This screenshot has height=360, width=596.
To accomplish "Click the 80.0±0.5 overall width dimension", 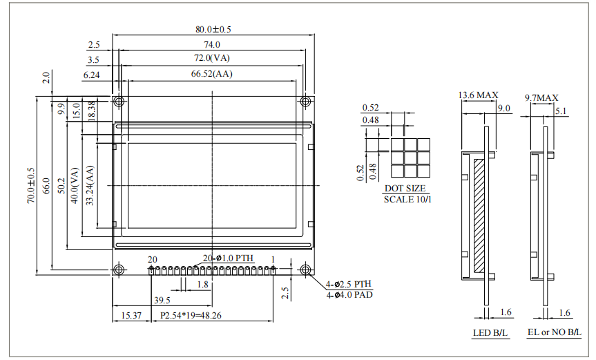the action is point(213,29).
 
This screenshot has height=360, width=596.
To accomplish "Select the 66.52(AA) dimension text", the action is point(212,74).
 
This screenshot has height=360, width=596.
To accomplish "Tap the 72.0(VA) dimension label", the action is point(212,58).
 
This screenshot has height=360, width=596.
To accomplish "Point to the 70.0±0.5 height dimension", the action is point(31,185).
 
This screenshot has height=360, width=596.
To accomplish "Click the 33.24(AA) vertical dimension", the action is point(90,185).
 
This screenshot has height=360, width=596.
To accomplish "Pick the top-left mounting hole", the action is point(119,102).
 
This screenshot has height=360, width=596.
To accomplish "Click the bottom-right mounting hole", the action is point(305,269).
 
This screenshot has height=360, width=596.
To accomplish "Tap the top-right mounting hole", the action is point(305,102).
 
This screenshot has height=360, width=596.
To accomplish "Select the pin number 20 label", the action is point(152,260).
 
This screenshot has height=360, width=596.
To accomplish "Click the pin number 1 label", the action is point(273,259).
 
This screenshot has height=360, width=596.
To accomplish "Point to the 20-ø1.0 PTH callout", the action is point(228,258).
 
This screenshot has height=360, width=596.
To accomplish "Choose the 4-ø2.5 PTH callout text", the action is point(349,284).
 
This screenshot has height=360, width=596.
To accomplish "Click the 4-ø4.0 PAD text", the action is point(349,294).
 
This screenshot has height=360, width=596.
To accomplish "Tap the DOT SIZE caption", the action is point(405,188).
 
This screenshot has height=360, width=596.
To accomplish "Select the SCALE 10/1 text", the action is point(407,199).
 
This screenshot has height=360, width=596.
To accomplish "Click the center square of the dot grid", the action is point(410,158).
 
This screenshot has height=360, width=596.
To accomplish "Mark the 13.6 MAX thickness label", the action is point(478,95).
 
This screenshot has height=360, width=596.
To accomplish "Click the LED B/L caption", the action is point(490,333).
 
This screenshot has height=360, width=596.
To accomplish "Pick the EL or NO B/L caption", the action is point(554,332).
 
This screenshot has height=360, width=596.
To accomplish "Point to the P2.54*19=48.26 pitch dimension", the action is point(191,316).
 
